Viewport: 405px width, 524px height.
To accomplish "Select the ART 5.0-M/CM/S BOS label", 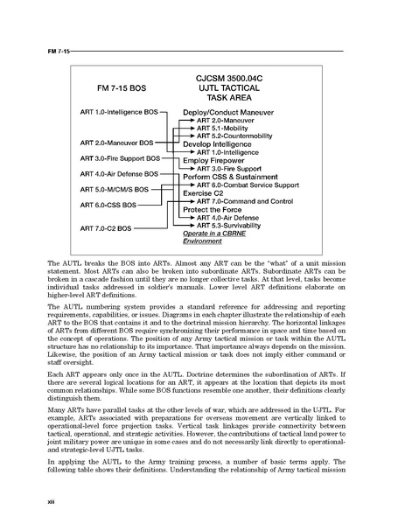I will [115, 189].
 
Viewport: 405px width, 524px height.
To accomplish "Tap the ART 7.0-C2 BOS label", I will [106, 228].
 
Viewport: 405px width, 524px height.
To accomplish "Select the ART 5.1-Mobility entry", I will [222, 129].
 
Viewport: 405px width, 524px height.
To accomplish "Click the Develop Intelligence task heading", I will [219, 144].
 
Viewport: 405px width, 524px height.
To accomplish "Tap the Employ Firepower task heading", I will [213, 162].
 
